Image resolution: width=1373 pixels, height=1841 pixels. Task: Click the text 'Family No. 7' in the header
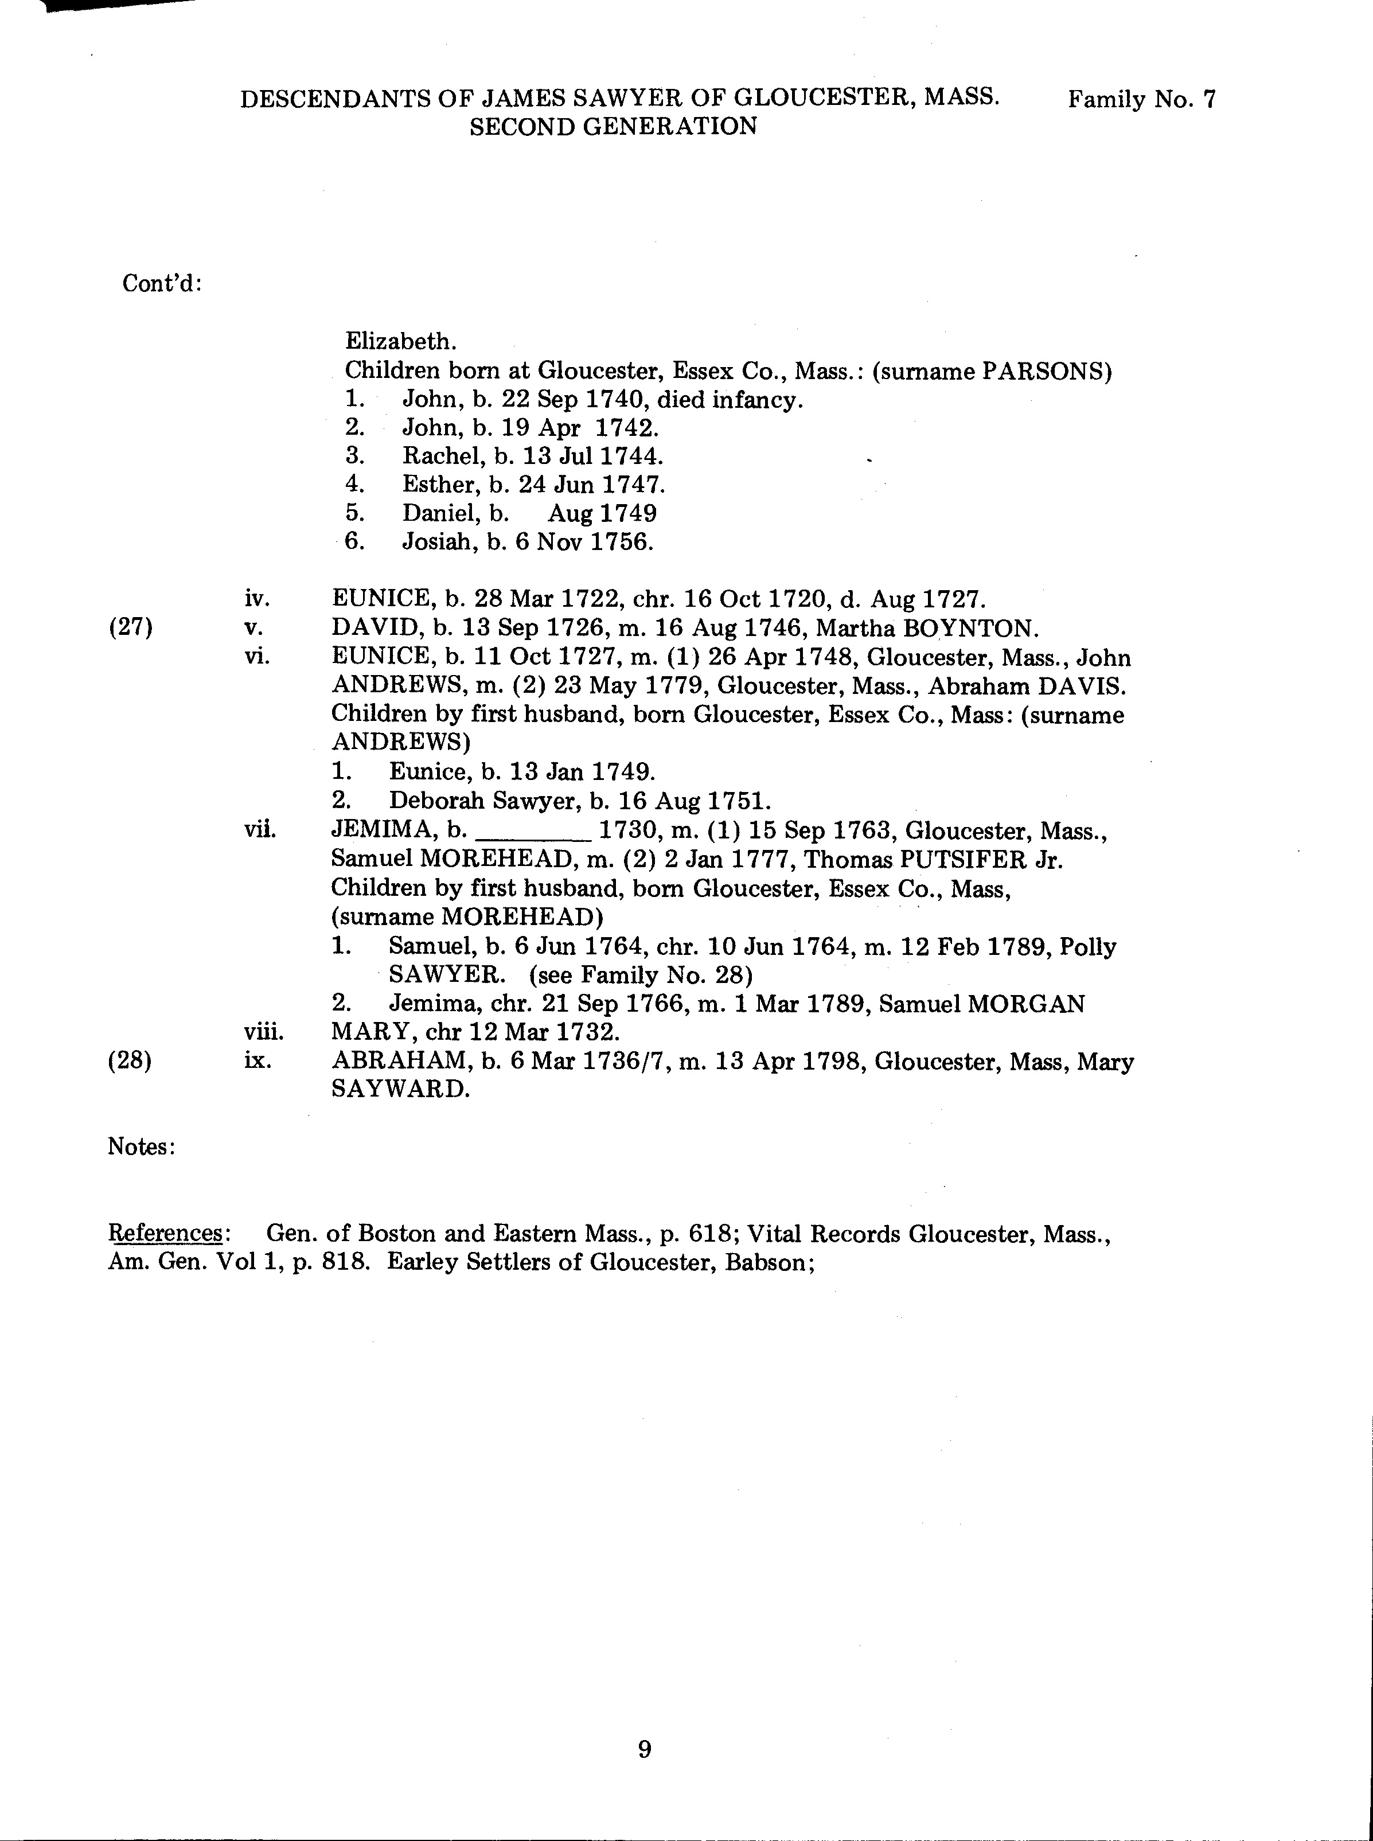(x=1141, y=100)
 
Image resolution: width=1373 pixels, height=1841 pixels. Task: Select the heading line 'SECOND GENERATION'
(x=613, y=126)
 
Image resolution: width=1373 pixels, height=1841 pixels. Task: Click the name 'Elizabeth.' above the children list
(x=400, y=341)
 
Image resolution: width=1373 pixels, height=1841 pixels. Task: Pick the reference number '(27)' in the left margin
(x=131, y=627)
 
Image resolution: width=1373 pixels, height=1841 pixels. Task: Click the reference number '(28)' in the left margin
(x=131, y=1062)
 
